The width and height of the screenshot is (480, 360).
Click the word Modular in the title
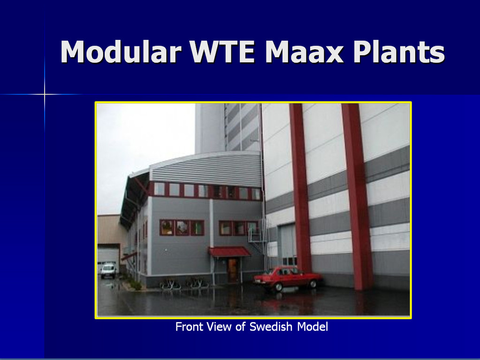click(x=121, y=52)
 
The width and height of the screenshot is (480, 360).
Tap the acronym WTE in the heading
click(x=222, y=52)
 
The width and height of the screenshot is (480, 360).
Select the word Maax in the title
click(x=305, y=52)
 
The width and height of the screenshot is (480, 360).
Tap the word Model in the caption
click(x=312, y=327)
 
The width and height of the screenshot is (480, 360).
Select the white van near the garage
click(x=108, y=270)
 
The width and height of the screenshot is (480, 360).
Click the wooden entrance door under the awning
click(x=233, y=270)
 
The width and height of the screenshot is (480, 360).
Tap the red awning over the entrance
click(x=229, y=251)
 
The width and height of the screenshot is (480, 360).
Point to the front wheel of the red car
click(x=278, y=287)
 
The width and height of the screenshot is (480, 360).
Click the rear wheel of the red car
click(x=313, y=284)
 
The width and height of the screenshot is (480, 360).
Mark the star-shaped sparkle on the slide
click(x=45, y=94)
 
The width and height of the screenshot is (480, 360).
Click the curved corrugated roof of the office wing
click(x=206, y=168)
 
